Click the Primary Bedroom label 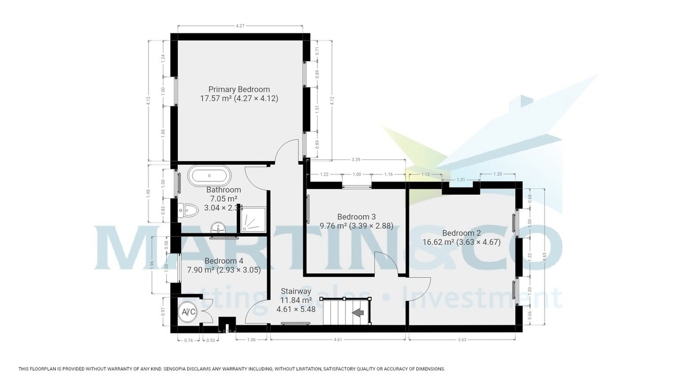[x=239, y=90]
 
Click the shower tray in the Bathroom [x=252, y=219]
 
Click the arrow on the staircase [x=358, y=313]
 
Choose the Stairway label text [x=296, y=291]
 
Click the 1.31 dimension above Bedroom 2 [x=461, y=180]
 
